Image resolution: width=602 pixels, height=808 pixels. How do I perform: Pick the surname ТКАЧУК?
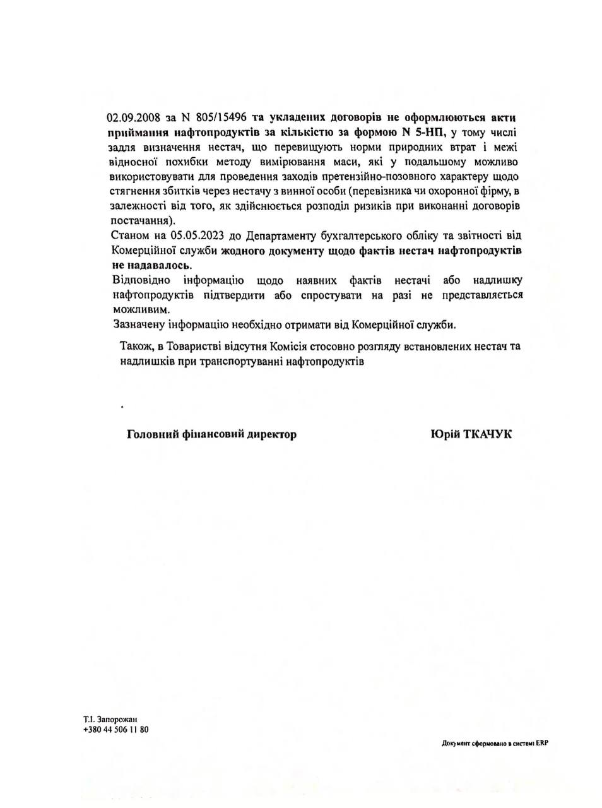pyautogui.click(x=487, y=434)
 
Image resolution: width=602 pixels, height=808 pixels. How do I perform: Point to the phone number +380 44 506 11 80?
pyautogui.click(x=115, y=729)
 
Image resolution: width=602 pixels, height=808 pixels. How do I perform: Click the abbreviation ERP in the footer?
pyautogui.click(x=542, y=743)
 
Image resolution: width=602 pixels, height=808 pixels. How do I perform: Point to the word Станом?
pyautogui.click(x=129, y=236)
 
